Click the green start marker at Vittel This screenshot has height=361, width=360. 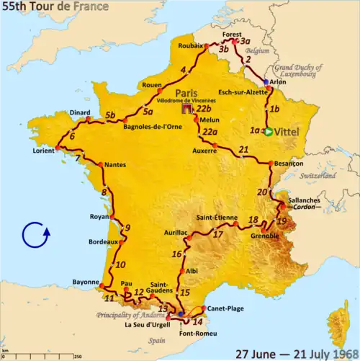click(x=268, y=132)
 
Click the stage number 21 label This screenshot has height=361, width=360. click(x=243, y=149)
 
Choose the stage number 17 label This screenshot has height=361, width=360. click(x=217, y=233)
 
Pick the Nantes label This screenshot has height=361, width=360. click(x=115, y=165)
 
